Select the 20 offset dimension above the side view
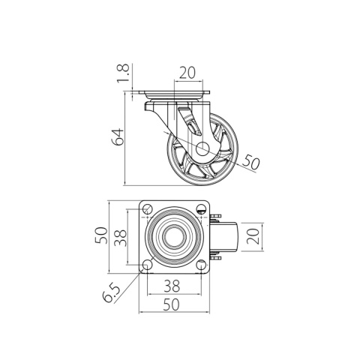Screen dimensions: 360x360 pos(187,73)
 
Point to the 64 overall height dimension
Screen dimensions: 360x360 pos(117,136)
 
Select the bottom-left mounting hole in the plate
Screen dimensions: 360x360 pos(147,264)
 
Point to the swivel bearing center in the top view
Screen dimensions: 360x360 pos(173,238)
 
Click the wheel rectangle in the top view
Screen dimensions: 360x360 pos(229,237)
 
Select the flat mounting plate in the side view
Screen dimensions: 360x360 pos(172,94)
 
